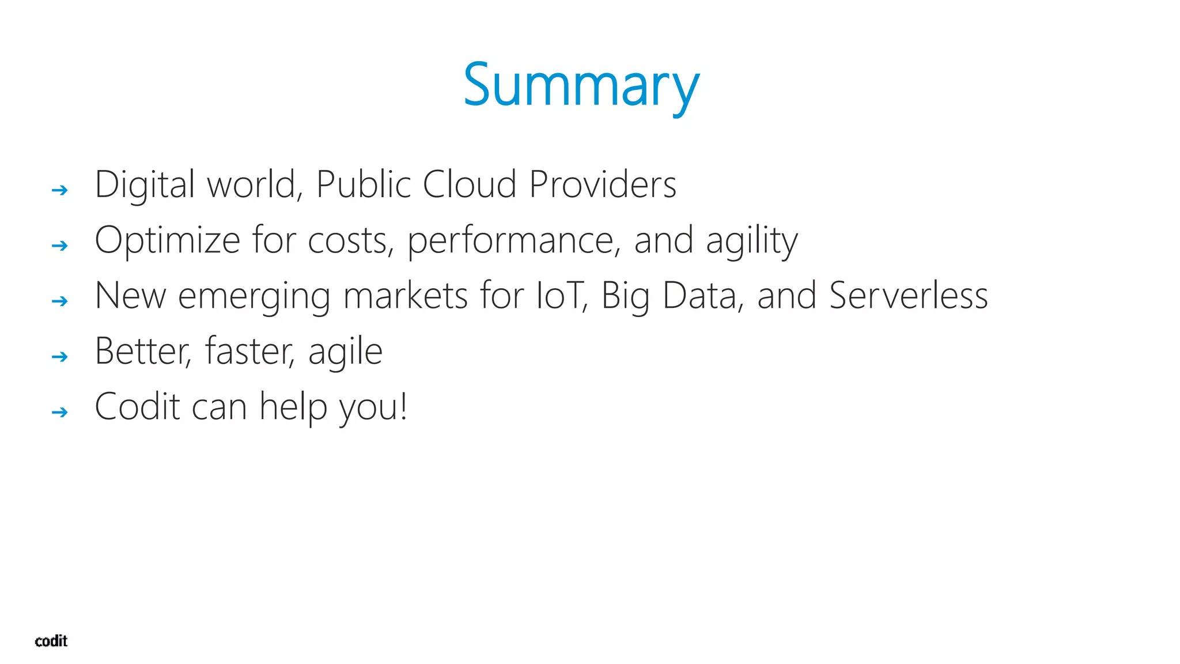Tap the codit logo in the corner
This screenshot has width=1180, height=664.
pos(51,641)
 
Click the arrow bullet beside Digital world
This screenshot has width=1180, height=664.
pos(59,190)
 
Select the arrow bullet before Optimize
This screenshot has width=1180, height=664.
pos(59,246)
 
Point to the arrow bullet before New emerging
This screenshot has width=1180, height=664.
pos(59,301)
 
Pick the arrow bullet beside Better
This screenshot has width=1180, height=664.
pos(59,357)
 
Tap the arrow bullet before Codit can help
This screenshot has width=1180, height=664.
pos(59,412)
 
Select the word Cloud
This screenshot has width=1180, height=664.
pos(469,184)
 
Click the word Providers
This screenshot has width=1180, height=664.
pos(602,184)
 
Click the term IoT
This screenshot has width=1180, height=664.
pos(559,296)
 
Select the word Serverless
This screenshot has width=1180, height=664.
pos(909,296)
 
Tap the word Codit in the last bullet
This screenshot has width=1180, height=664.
pos(138,407)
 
